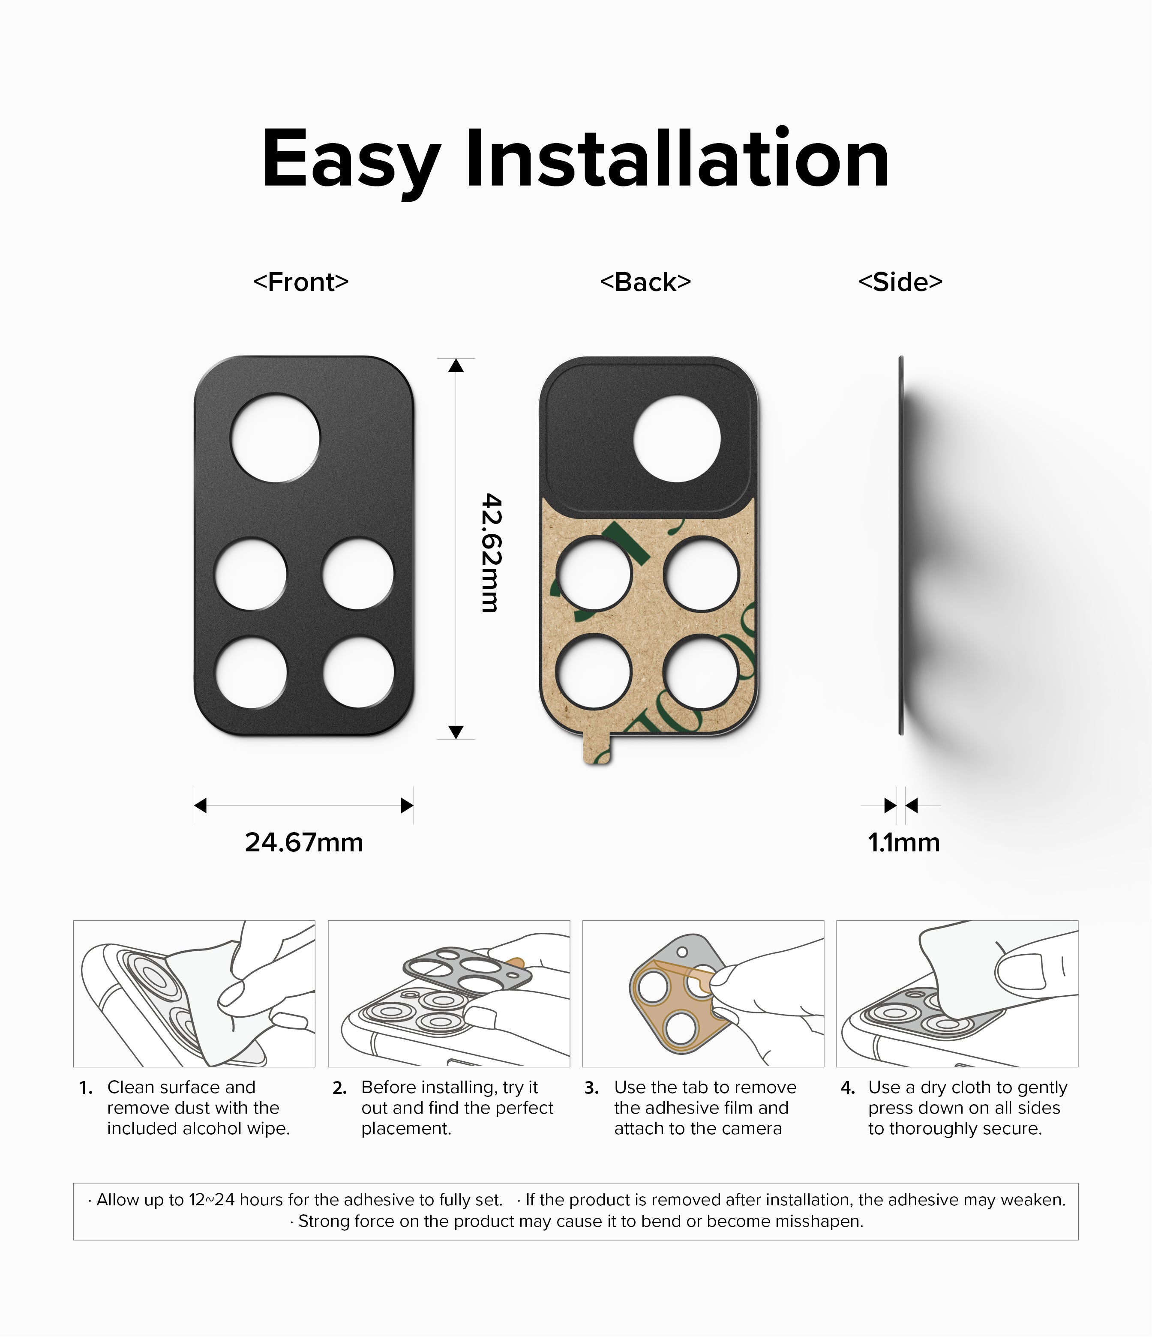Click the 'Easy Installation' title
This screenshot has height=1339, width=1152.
[575, 160]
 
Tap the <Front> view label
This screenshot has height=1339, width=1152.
[301, 282]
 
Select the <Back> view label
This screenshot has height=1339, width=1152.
[646, 282]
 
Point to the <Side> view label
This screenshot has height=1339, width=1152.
[900, 282]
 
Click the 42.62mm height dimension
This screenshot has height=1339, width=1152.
[492, 553]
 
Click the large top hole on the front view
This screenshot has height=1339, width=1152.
[276, 437]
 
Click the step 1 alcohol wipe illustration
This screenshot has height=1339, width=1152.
[194, 994]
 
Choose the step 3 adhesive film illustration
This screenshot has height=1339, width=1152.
[703, 994]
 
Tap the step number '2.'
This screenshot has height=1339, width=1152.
[340, 1089]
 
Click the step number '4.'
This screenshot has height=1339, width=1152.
[848, 1089]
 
